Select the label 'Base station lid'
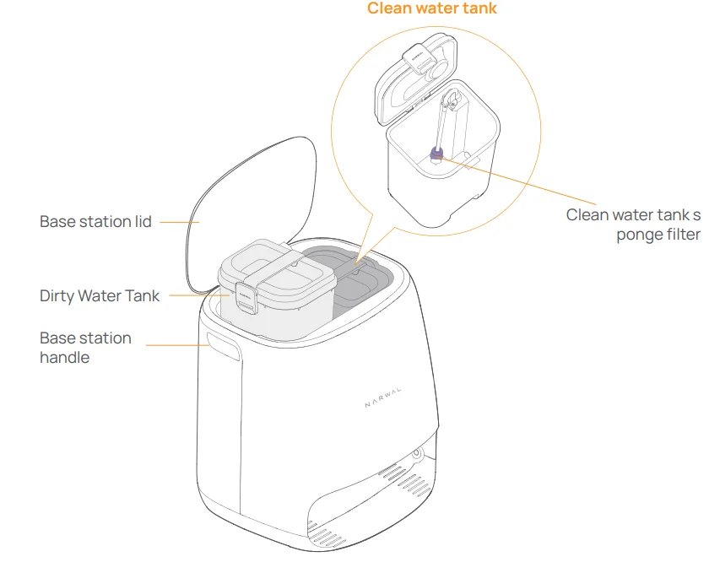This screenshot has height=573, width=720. click(95, 222)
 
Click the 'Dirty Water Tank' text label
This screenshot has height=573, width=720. click(99, 296)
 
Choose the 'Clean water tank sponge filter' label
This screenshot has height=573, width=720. click(633, 224)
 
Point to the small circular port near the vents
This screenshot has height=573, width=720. click(416, 453)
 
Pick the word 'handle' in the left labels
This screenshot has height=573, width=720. click(64, 357)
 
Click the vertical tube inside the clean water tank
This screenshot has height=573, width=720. click(441, 122)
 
